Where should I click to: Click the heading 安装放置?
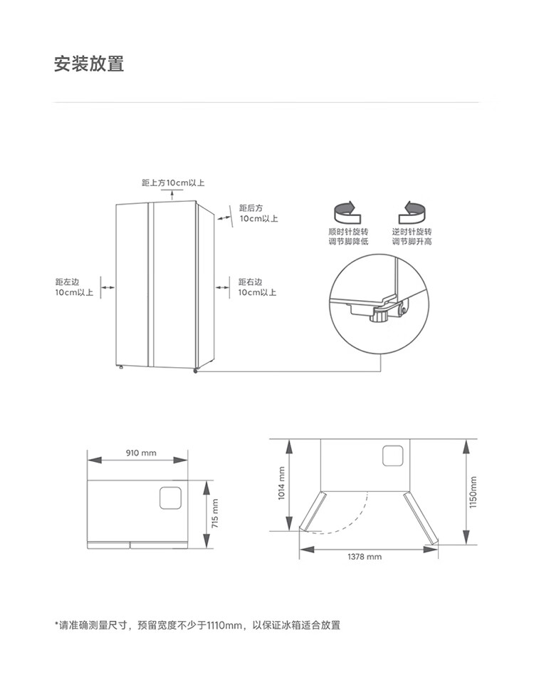click(89, 63)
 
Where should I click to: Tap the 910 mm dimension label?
click(141, 453)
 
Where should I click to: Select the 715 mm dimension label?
click(215, 513)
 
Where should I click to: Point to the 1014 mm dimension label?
click(281, 483)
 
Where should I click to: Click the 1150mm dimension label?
click(473, 492)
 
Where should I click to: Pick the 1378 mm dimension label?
click(365, 557)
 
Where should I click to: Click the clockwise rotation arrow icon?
click(347, 212)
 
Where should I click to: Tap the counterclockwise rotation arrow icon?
click(412, 212)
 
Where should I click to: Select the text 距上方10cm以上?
click(173, 183)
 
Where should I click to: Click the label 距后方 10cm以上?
click(258, 214)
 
